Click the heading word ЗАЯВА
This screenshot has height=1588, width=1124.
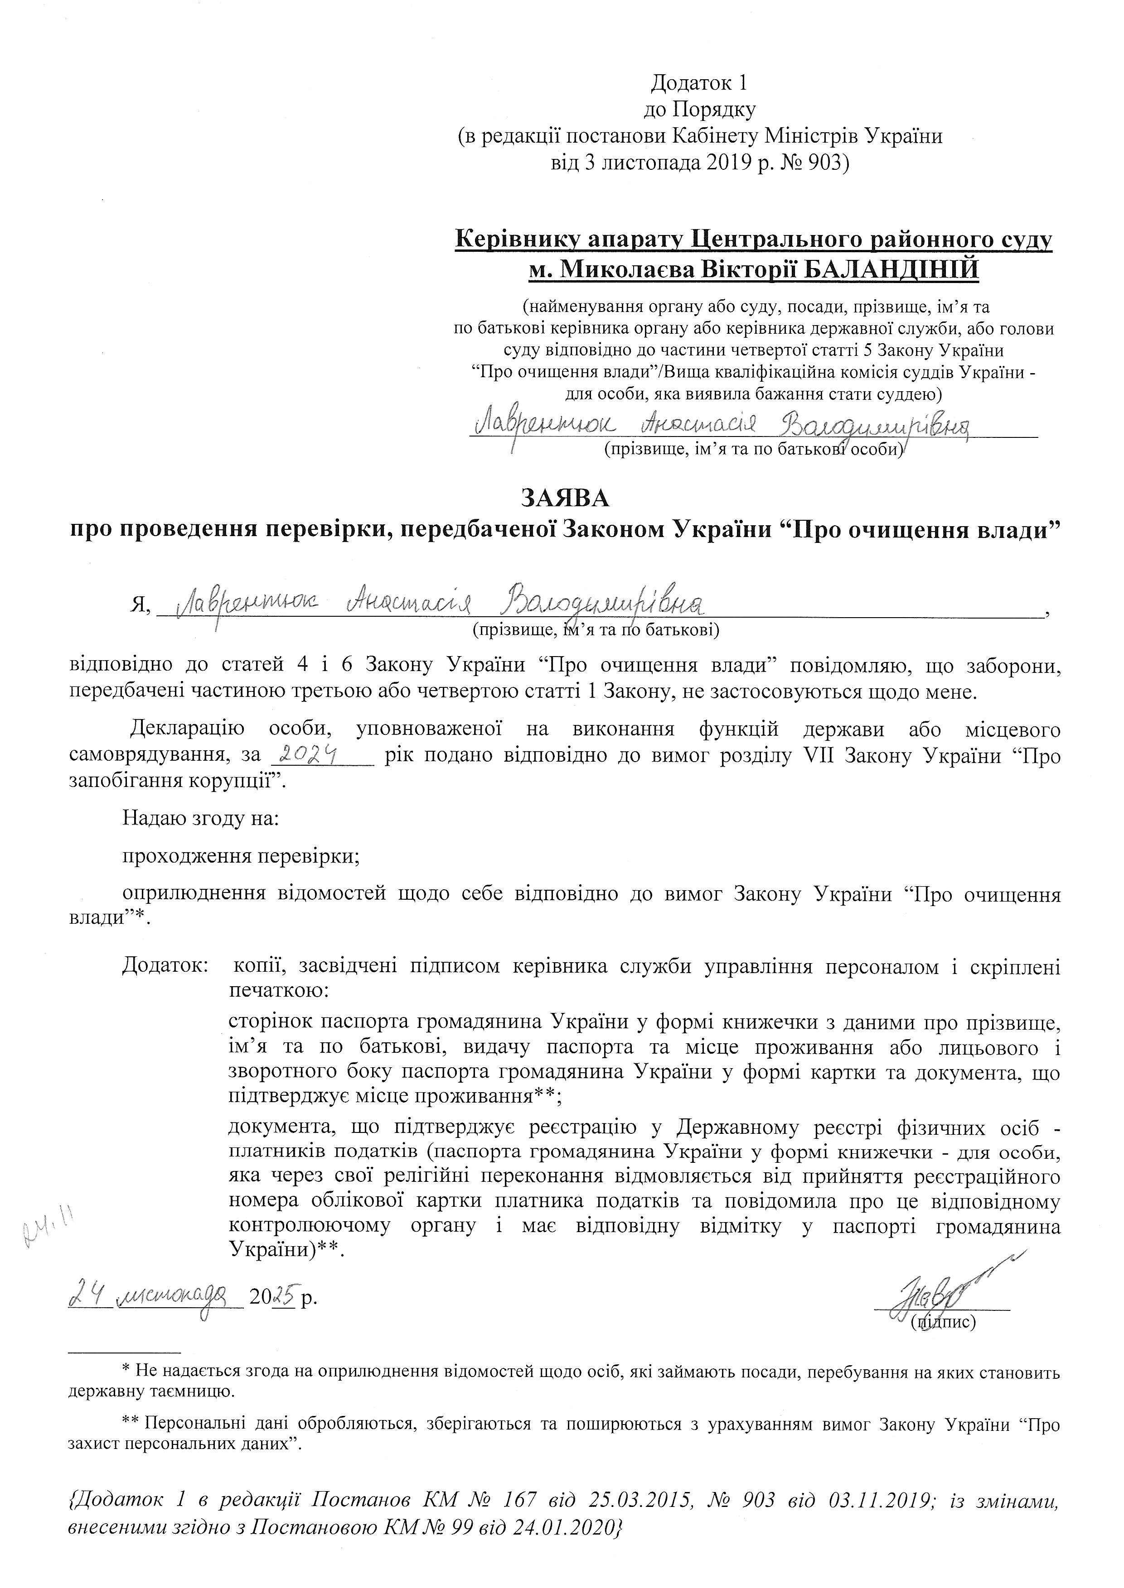point(566,497)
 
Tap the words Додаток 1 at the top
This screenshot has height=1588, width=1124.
point(699,84)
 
